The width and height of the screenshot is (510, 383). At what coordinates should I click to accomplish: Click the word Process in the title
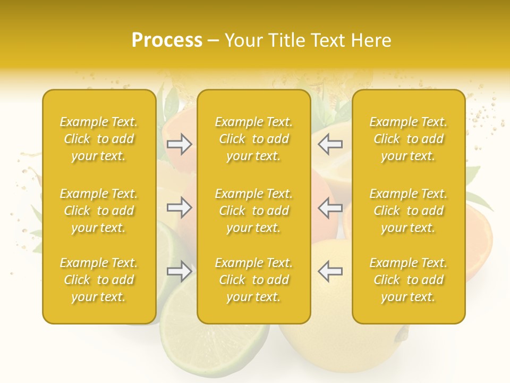tap(167, 40)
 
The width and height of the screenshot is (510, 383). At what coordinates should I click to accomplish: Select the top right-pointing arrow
tap(180, 144)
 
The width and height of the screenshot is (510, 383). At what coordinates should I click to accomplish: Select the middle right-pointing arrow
tap(180, 207)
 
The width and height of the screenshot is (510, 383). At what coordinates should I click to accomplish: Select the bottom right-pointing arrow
tap(180, 271)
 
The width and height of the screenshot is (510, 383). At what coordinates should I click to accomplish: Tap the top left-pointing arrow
tap(330, 144)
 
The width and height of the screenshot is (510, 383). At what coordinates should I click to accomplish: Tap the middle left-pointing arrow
tap(330, 207)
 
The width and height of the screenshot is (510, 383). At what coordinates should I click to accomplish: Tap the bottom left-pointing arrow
tap(330, 271)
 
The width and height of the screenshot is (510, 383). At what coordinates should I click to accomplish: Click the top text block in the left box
tap(99, 139)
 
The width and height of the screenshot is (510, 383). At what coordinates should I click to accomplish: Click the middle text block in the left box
tap(99, 211)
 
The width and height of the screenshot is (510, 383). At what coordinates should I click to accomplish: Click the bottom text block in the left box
tap(99, 280)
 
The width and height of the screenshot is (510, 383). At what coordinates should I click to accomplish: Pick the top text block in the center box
tap(254, 139)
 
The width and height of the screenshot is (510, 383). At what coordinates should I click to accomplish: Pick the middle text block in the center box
tap(254, 211)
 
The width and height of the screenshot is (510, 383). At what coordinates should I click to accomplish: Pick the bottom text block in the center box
tap(254, 280)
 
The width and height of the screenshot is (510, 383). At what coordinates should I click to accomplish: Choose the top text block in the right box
tap(409, 139)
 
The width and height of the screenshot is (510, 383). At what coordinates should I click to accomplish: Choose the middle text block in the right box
tap(409, 211)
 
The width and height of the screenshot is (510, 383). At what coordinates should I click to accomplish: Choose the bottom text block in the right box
tap(409, 280)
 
